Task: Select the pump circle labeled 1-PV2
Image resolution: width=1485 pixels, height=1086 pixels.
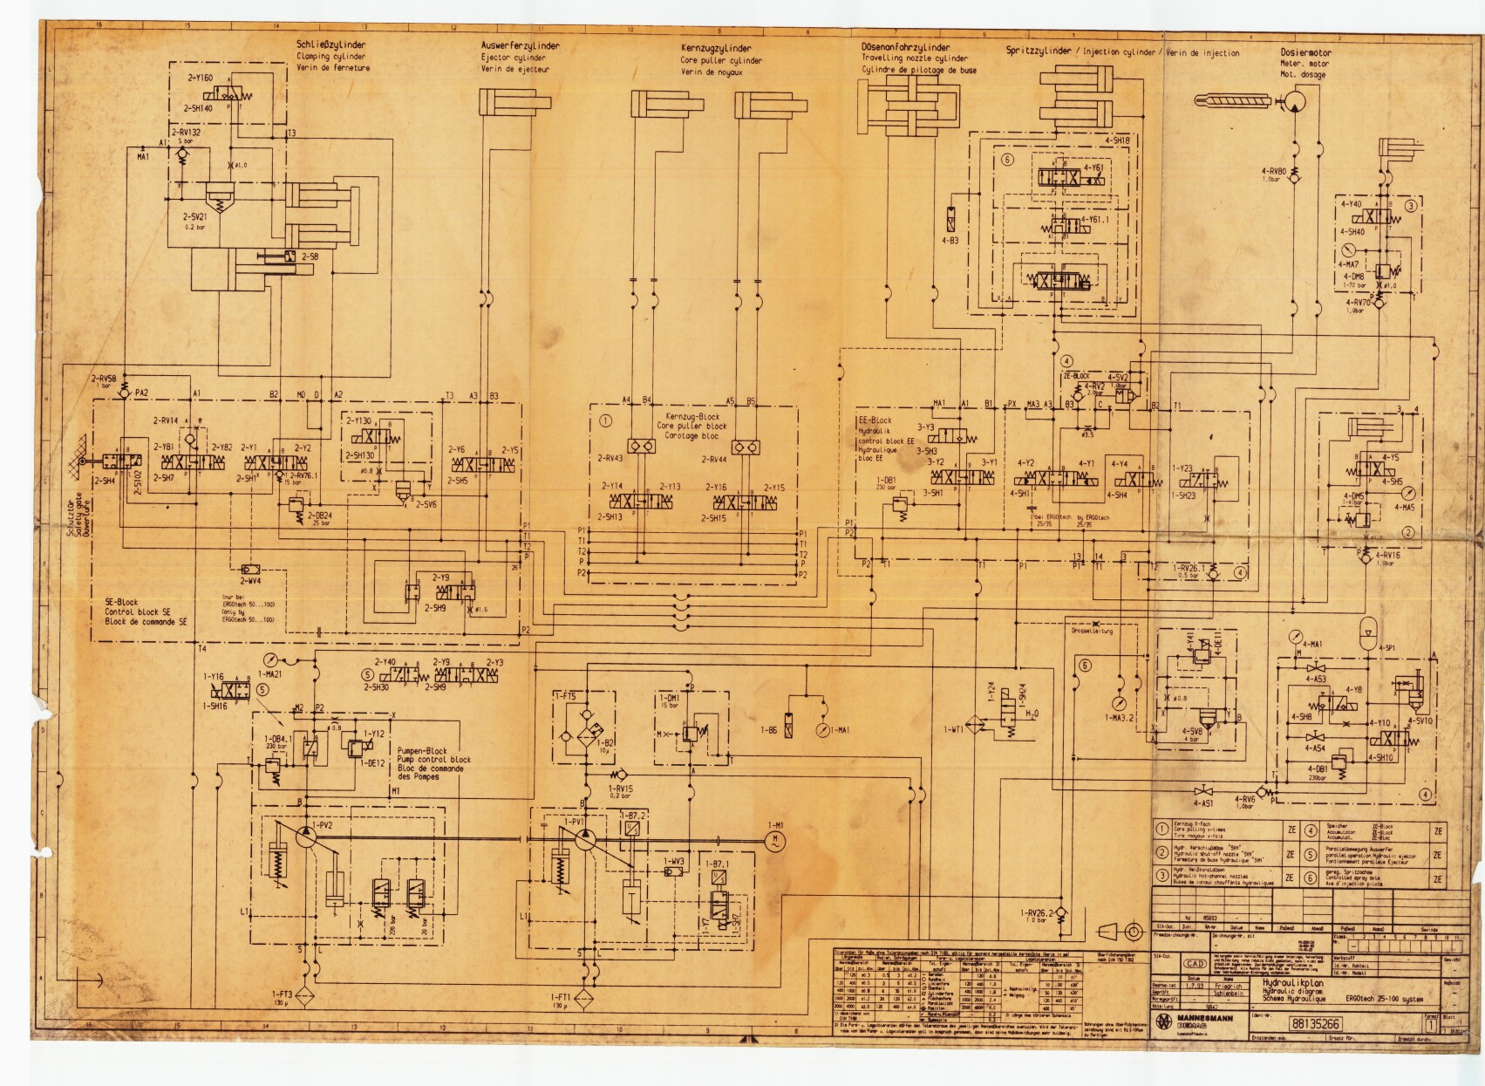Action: pos(306,836)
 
